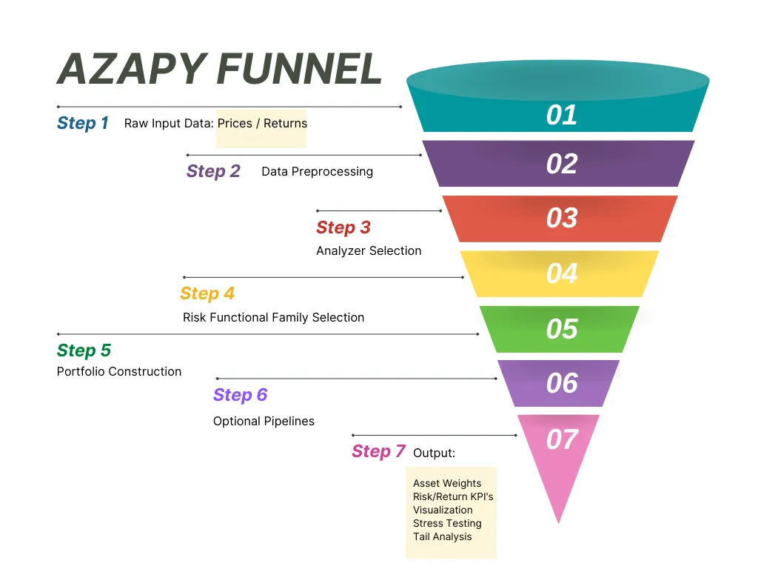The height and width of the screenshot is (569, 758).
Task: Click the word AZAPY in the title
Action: click(x=133, y=69)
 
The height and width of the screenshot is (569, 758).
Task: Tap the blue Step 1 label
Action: click(x=83, y=123)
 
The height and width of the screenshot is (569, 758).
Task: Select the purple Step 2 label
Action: click(x=213, y=171)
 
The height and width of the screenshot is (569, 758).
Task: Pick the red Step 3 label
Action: click(x=343, y=227)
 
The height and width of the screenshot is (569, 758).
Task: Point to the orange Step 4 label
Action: click(x=207, y=293)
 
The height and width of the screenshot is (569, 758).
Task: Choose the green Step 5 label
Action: click(x=84, y=350)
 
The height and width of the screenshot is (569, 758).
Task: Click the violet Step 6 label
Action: click(x=240, y=395)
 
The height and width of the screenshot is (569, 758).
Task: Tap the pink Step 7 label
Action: click(x=378, y=451)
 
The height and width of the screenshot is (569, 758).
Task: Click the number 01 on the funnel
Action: click(x=562, y=115)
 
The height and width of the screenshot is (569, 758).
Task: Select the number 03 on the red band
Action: click(x=562, y=218)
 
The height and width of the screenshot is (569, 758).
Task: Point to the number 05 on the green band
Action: click(x=562, y=329)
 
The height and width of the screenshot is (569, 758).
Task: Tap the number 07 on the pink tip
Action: click(x=562, y=439)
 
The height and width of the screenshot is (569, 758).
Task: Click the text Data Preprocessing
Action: click(x=317, y=172)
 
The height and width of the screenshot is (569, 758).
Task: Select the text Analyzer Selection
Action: click(x=369, y=250)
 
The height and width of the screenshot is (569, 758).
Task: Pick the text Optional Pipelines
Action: click(x=264, y=422)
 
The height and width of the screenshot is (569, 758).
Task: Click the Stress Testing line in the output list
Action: click(x=447, y=524)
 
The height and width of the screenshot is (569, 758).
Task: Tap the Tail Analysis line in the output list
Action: click(x=443, y=536)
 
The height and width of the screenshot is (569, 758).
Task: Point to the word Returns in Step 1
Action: click(x=285, y=124)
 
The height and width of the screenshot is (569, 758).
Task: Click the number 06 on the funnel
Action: click(x=562, y=383)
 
